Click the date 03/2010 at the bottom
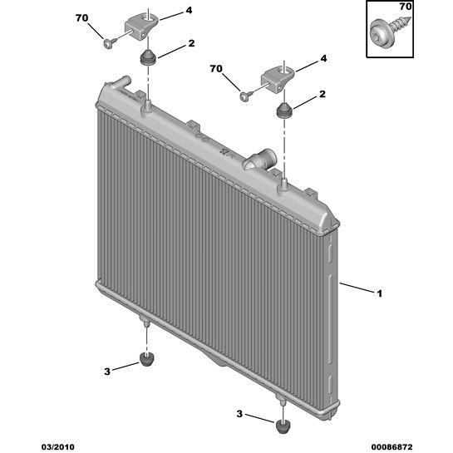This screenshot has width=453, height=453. coord(58,447)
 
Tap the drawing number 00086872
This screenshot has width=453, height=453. coord(391,447)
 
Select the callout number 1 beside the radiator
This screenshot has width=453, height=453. coord(379,293)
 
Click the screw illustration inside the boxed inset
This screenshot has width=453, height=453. coord(391,31)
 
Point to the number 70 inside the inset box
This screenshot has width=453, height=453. coord(406,7)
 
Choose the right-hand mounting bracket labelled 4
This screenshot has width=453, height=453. coord(278,79)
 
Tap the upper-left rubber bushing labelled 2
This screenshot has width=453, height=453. coord(148,57)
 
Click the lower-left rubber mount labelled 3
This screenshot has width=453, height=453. coord(147,359)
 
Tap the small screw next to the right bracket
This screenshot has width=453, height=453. coord(246,96)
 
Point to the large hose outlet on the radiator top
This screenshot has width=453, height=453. coord(260,160)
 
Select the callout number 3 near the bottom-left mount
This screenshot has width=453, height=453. coord(107,372)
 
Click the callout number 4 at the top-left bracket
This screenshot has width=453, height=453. coord(189,11)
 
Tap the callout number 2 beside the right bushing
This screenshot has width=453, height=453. coord(323,94)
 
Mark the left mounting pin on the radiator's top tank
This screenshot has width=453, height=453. coord(148,106)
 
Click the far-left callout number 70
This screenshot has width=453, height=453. coord(81,18)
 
